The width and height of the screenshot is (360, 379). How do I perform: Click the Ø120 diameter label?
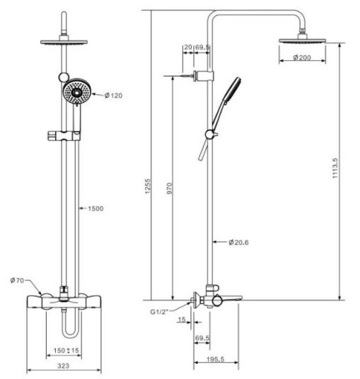(113, 95)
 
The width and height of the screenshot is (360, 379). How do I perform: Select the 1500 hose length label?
(95, 209)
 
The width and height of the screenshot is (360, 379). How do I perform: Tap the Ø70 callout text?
(18, 281)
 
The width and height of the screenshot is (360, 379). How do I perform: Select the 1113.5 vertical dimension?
(344, 170)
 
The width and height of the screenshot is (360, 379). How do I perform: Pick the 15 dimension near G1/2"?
(182, 321)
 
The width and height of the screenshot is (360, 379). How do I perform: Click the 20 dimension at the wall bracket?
(187, 47)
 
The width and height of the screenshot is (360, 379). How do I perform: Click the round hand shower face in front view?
(76, 92)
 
